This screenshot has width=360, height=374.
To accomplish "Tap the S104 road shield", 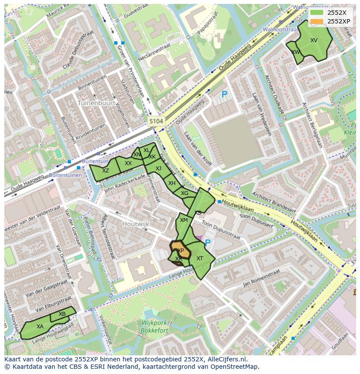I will pos(156,121).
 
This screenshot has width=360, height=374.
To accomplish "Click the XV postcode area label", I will pos(314,40).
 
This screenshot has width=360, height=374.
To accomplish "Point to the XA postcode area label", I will pos(40,327).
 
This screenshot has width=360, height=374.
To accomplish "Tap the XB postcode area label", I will pos(62,314).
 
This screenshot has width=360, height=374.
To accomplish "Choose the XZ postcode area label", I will pos(106,171).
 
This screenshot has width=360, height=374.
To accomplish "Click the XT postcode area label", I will pos(200,258).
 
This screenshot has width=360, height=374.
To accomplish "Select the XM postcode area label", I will pos(184,220).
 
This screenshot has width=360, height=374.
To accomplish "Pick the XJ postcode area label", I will pos(158,169).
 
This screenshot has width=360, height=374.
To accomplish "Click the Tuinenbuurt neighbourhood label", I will pos(96,103).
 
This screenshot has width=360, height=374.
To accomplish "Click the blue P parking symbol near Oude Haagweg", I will pos(224,94).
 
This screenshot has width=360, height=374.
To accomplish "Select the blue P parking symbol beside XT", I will pos(207,243).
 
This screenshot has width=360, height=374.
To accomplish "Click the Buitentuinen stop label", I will pos(65,175).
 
